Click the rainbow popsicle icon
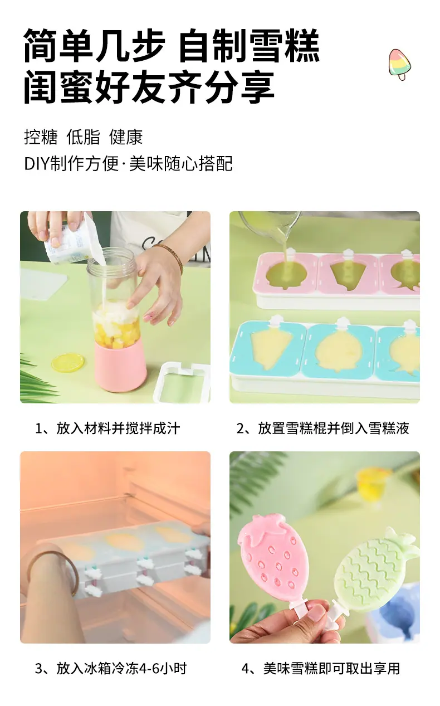[x=399, y=64]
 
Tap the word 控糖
[x=41, y=137]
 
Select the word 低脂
[x=83, y=137]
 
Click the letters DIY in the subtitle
[x=37, y=164]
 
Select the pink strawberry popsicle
[x=271, y=563]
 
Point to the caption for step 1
[x=107, y=429]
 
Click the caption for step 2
[x=323, y=429]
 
